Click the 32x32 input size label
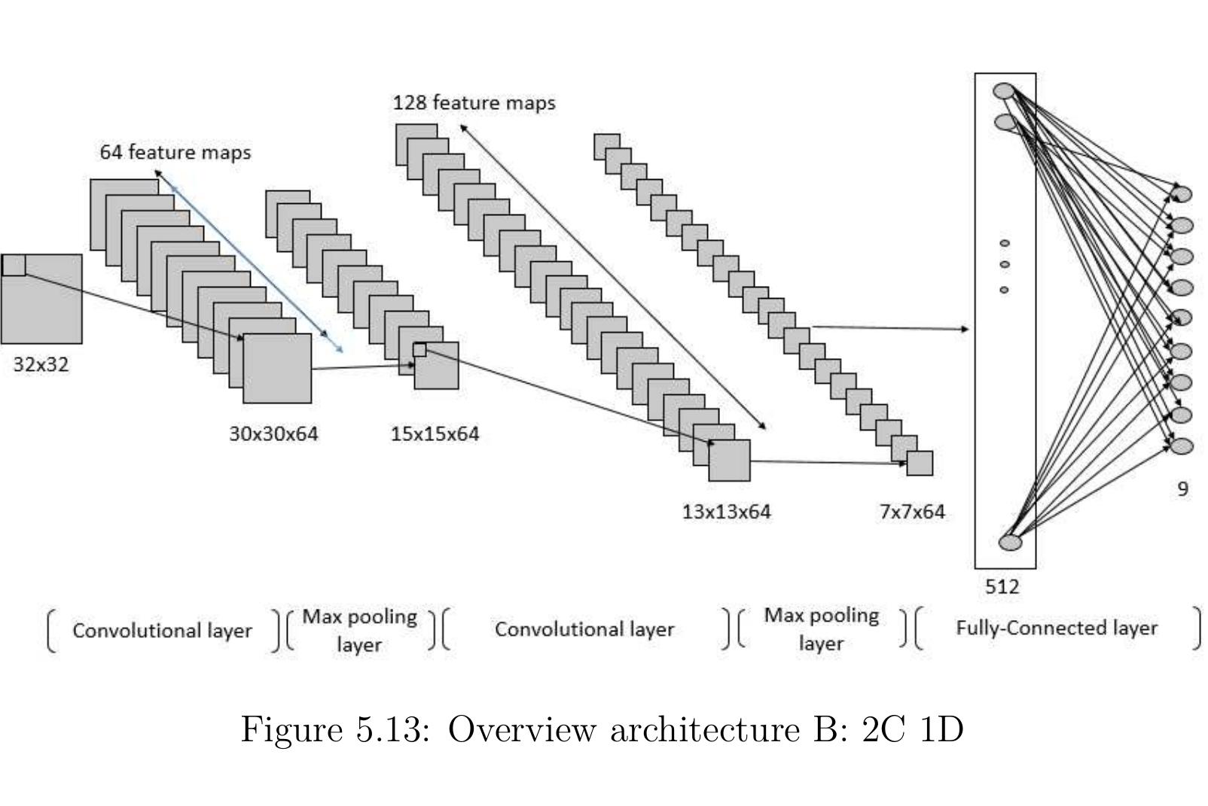point(41,364)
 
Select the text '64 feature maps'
point(175,152)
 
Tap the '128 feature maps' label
point(474,102)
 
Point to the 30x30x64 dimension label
point(273,434)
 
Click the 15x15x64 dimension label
point(435,434)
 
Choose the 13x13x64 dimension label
point(726,512)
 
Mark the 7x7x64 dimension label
point(911,512)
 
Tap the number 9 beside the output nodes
point(1182,489)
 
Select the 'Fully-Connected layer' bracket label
point(1056,628)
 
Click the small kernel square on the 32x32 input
point(14,265)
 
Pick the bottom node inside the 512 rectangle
point(1010,543)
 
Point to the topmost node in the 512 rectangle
point(1004,90)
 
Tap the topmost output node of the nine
point(1182,194)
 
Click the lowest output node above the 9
point(1182,446)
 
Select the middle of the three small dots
point(1004,264)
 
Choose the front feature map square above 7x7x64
point(920,463)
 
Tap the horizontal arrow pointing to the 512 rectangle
point(889,328)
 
